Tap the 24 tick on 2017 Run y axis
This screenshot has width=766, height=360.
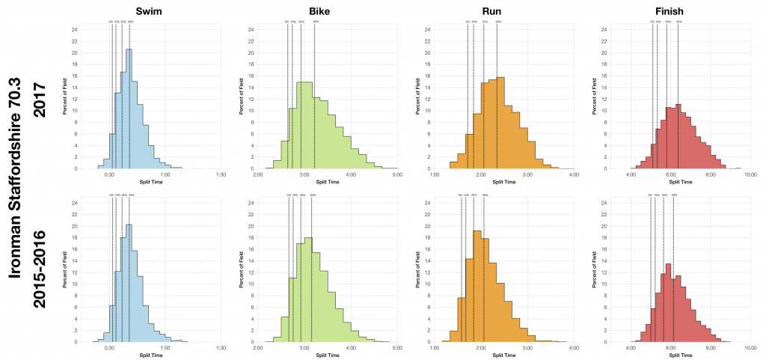[426, 30]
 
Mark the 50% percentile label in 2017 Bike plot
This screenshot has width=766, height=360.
[316, 22]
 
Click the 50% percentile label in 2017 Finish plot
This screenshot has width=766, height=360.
[678, 22]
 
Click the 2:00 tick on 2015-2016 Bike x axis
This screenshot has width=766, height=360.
[258, 348]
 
